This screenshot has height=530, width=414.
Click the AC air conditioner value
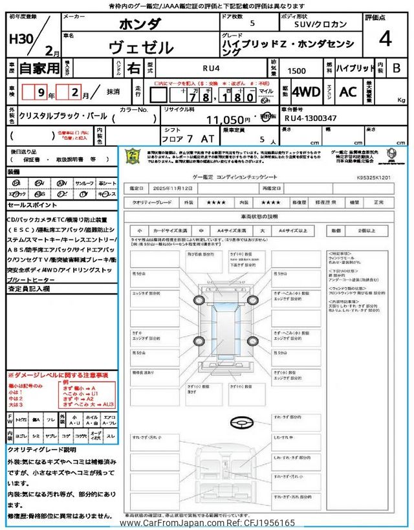click(348, 92)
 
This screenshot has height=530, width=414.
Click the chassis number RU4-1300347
click(310, 118)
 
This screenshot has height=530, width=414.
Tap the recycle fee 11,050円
click(228, 120)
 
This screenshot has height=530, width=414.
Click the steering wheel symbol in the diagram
click(241, 421)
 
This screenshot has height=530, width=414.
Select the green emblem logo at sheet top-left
click(134, 156)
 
